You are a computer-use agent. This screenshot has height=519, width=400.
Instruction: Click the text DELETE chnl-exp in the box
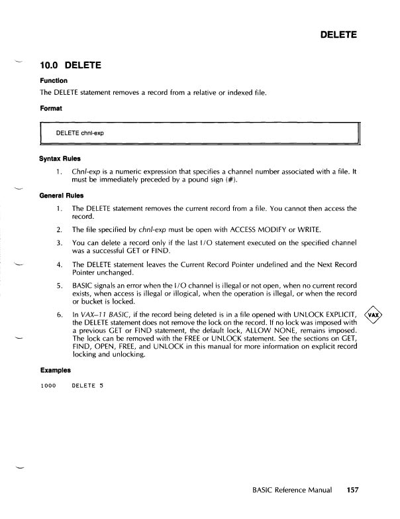click(80, 133)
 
